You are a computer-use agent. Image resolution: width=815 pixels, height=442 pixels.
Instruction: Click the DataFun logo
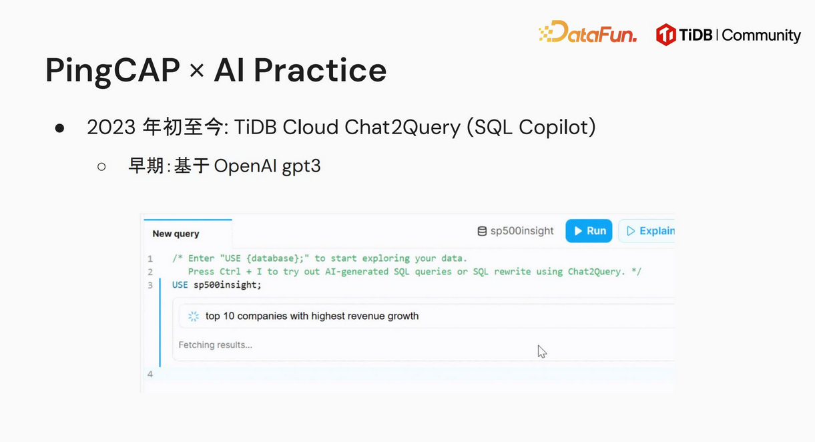(x=587, y=32)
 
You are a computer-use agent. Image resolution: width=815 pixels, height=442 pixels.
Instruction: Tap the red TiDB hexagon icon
(x=665, y=35)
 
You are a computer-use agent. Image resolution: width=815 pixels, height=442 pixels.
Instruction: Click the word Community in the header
(x=761, y=35)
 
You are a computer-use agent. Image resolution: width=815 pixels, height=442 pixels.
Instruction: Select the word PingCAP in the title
(x=113, y=71)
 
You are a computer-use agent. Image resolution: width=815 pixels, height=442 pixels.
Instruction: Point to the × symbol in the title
(x=197, y=71)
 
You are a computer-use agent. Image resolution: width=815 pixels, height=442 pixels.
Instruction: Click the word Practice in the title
(x=320, y=70)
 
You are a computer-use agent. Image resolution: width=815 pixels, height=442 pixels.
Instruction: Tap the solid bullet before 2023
(x=59, y=128)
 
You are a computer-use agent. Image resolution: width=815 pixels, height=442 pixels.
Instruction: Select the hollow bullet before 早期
(x=101, y=167)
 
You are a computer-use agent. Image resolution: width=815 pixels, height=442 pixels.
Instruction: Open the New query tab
(x=176, y=234)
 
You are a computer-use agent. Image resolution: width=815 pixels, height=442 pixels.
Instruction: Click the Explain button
(x=647, y=231)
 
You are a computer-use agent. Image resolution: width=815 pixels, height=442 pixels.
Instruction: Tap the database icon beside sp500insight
(x=482, y=231)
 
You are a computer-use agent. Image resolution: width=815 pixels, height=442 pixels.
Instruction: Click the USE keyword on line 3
(x=180, y=284)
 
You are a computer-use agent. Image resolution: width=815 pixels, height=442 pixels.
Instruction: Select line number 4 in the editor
(x=150, y=374)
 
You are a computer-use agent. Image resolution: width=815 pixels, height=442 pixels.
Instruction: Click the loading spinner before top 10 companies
(x=194, y=316)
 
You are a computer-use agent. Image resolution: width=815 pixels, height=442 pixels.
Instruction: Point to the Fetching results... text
(x=216, y=345)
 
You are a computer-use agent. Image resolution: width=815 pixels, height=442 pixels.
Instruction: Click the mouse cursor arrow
(x=542, y=352)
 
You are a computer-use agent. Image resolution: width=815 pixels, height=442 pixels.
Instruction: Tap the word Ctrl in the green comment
(x=230, y=272)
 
